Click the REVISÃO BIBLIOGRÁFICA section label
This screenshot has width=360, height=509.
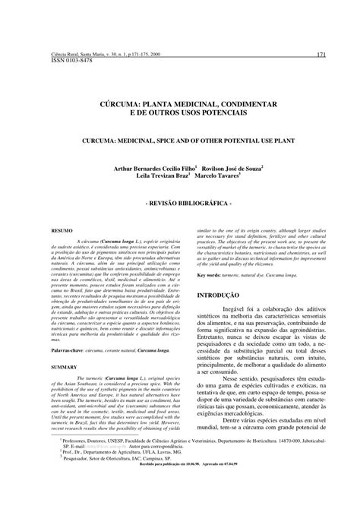point(180,205)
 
